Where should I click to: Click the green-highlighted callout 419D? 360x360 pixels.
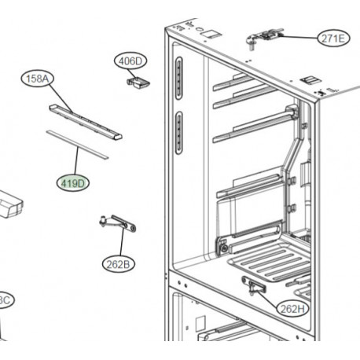(x=74, y=182)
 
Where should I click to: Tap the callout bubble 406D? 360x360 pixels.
(x=130, y=61)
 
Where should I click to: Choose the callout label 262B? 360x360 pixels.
(x=117, y=264)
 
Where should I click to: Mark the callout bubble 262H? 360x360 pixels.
(x=293, y=309)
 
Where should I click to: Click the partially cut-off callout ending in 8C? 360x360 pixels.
(x=4, y=300)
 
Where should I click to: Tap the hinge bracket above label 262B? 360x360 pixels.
(x=118, y=225)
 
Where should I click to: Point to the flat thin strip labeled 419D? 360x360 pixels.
(x=76, y=142)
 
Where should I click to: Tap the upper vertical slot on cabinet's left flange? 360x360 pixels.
(x=180, y=78)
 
